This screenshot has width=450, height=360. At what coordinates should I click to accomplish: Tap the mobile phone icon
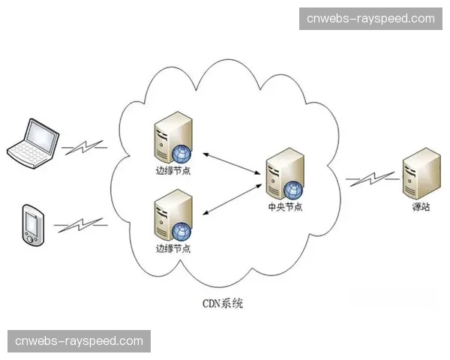[x=33, y=224]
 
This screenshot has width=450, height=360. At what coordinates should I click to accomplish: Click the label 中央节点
[x=285, y=207]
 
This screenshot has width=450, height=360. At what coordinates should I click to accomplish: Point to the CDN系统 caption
[x=223, y=304]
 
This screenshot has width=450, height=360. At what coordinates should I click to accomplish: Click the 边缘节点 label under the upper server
[x=173, y=172]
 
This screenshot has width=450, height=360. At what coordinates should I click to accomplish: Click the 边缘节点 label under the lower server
[x=173, y=248]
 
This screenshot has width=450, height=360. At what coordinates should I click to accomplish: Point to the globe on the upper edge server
[x=181, y=154]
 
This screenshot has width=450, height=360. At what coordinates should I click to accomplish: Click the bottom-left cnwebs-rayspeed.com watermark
[x=79, y=341]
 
